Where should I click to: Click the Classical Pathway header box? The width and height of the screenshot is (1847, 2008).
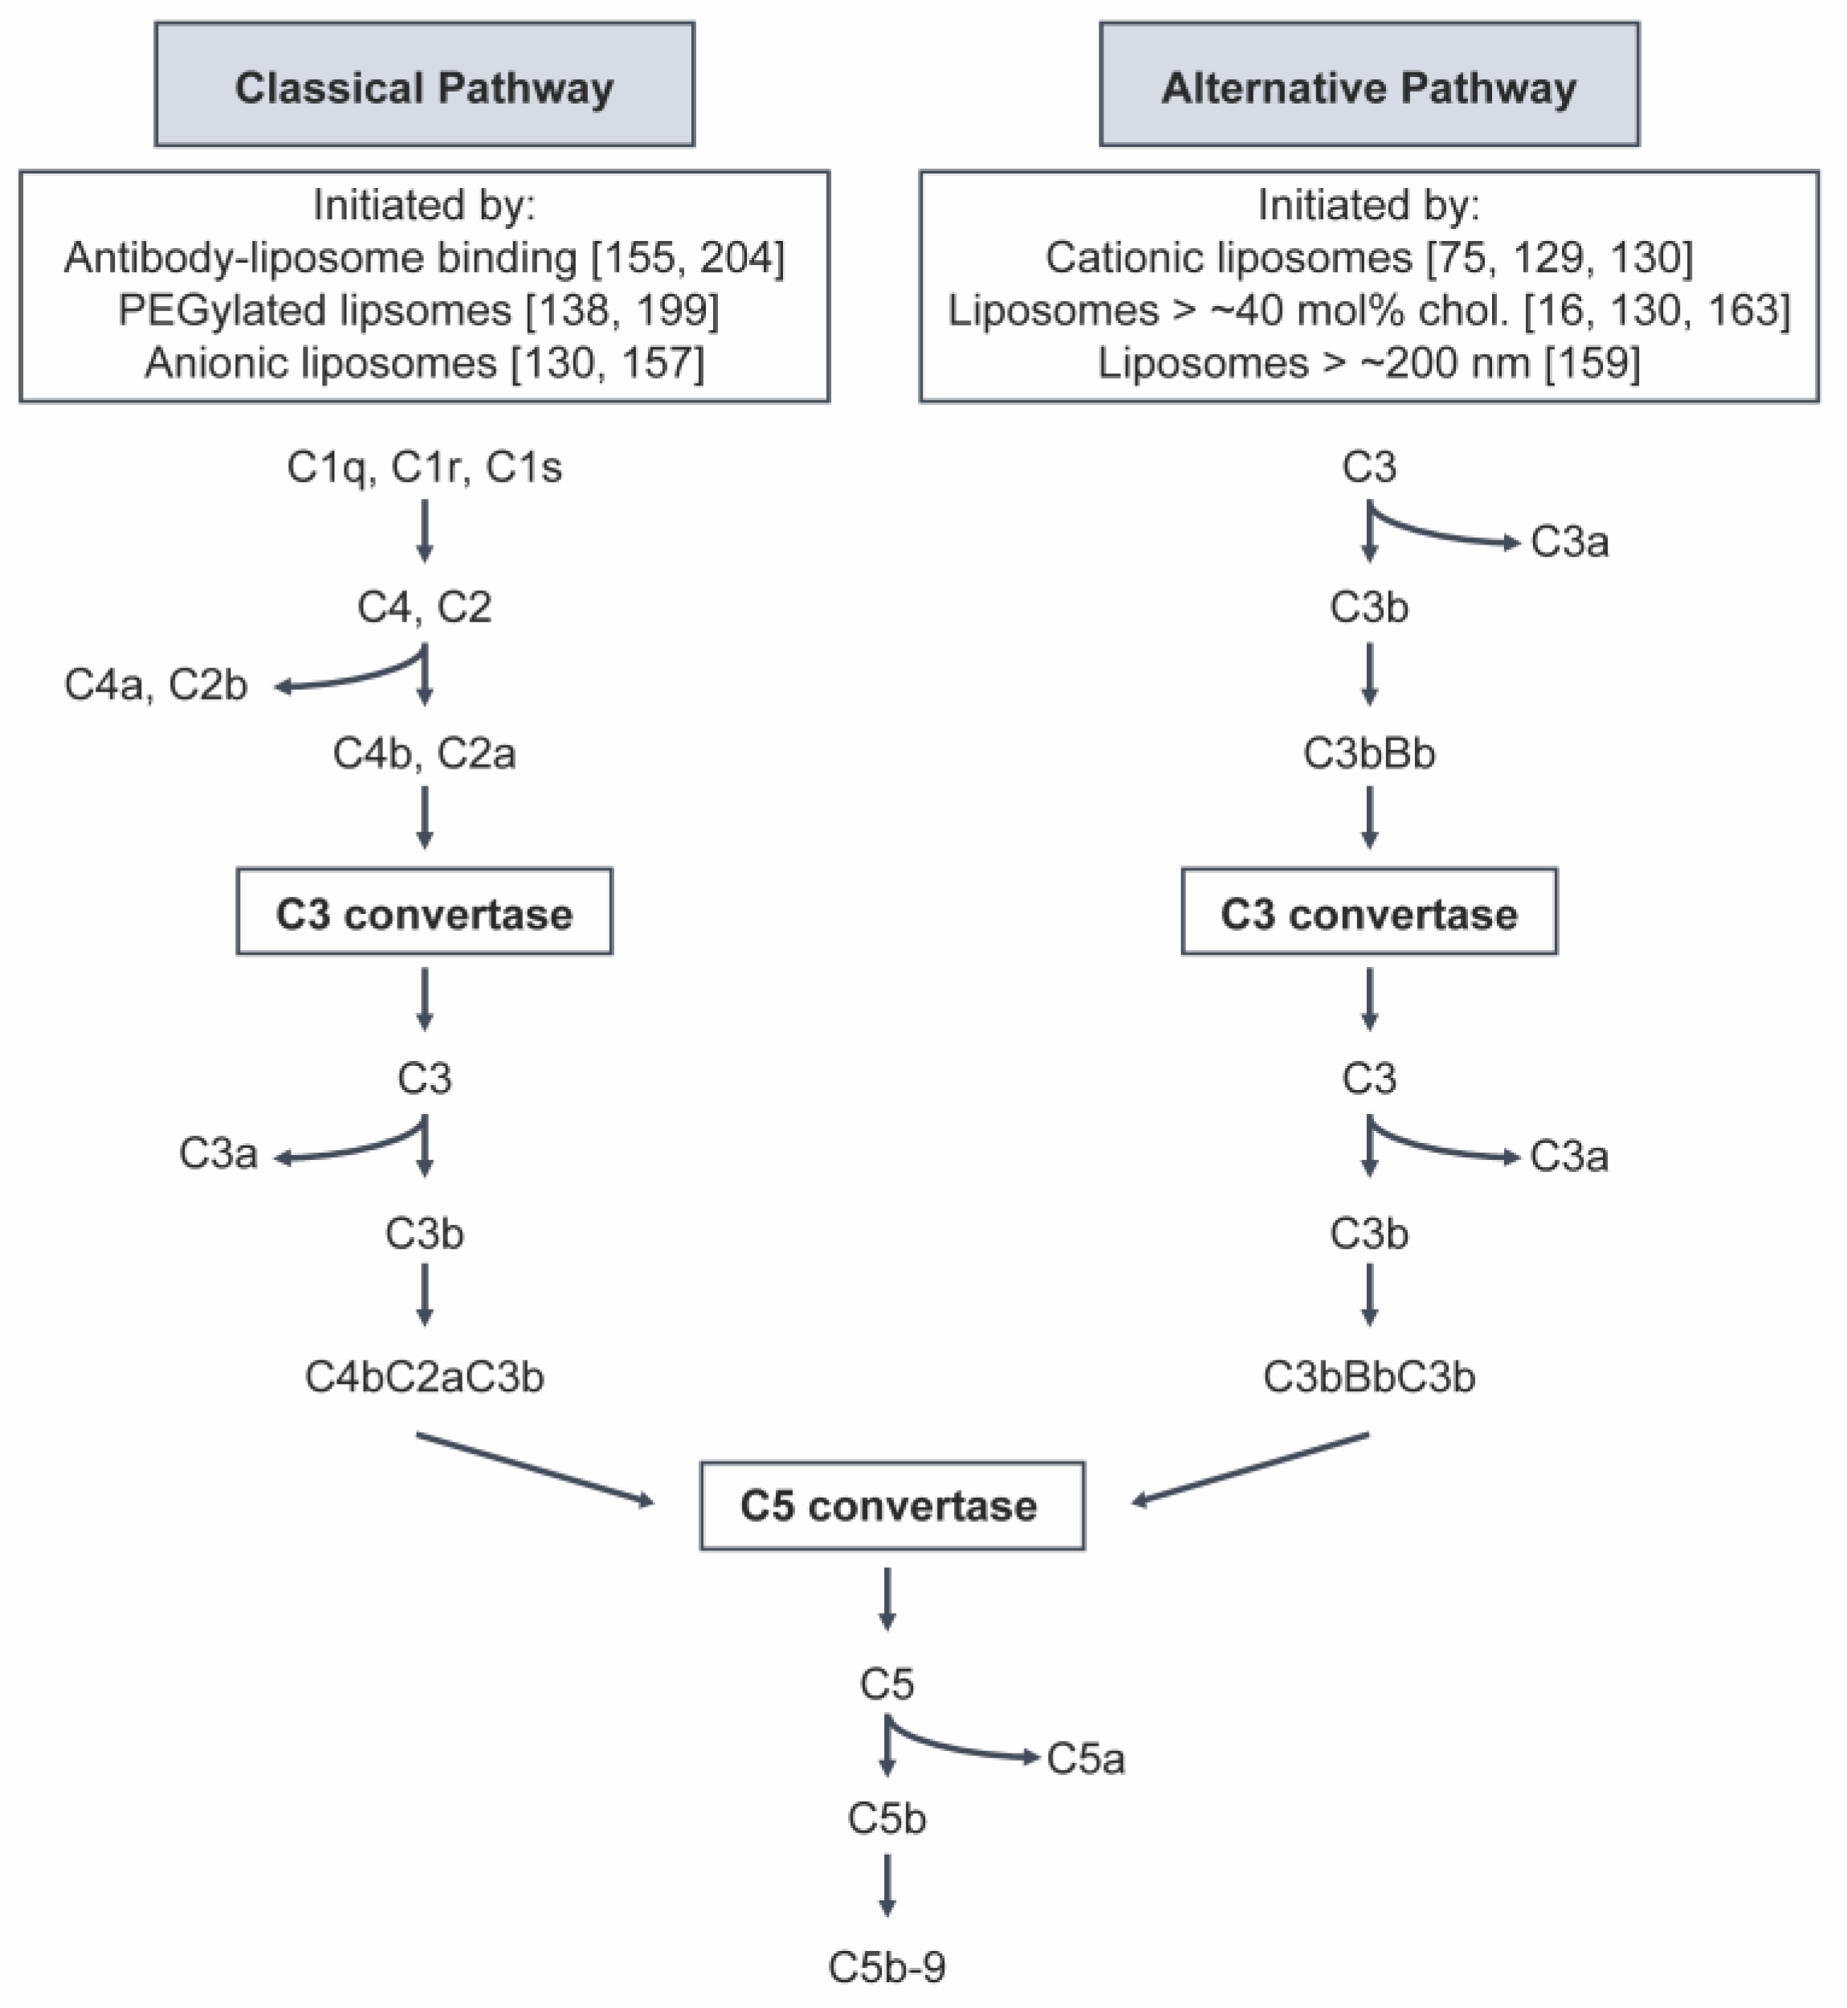click(x=424, y=85)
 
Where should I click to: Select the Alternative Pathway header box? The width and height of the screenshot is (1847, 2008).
click(x=1368, y=85)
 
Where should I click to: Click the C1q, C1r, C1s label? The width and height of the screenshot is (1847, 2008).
click(x=424, y=467)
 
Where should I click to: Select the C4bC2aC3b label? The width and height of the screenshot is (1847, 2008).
click(x=424, y=1377)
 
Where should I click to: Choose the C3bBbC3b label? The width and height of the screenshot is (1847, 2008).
click(x=1368, y=1377)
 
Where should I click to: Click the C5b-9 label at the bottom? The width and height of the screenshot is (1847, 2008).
click(x=887, y=1967)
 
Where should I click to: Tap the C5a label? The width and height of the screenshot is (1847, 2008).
click(x=1086, y=1759)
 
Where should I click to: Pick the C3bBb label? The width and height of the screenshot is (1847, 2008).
click(x=1368, y=753)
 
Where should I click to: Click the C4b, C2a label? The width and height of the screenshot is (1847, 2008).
click(x=424, y=753)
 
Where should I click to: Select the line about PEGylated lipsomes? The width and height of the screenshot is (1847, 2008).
click(x=418, y=310)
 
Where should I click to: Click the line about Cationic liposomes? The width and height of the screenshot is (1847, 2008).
click(x=1368, y=258)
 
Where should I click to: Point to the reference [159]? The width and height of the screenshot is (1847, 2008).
click(x=1592, y=363)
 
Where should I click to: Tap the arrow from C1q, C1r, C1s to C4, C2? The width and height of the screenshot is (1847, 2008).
click(x=424, y=531)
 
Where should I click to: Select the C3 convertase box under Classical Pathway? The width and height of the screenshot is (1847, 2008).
click(x=424, y=912)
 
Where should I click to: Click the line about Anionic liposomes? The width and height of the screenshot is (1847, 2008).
click(x=424, y=363)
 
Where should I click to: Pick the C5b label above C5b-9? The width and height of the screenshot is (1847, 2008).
click(x=887, y=1819)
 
